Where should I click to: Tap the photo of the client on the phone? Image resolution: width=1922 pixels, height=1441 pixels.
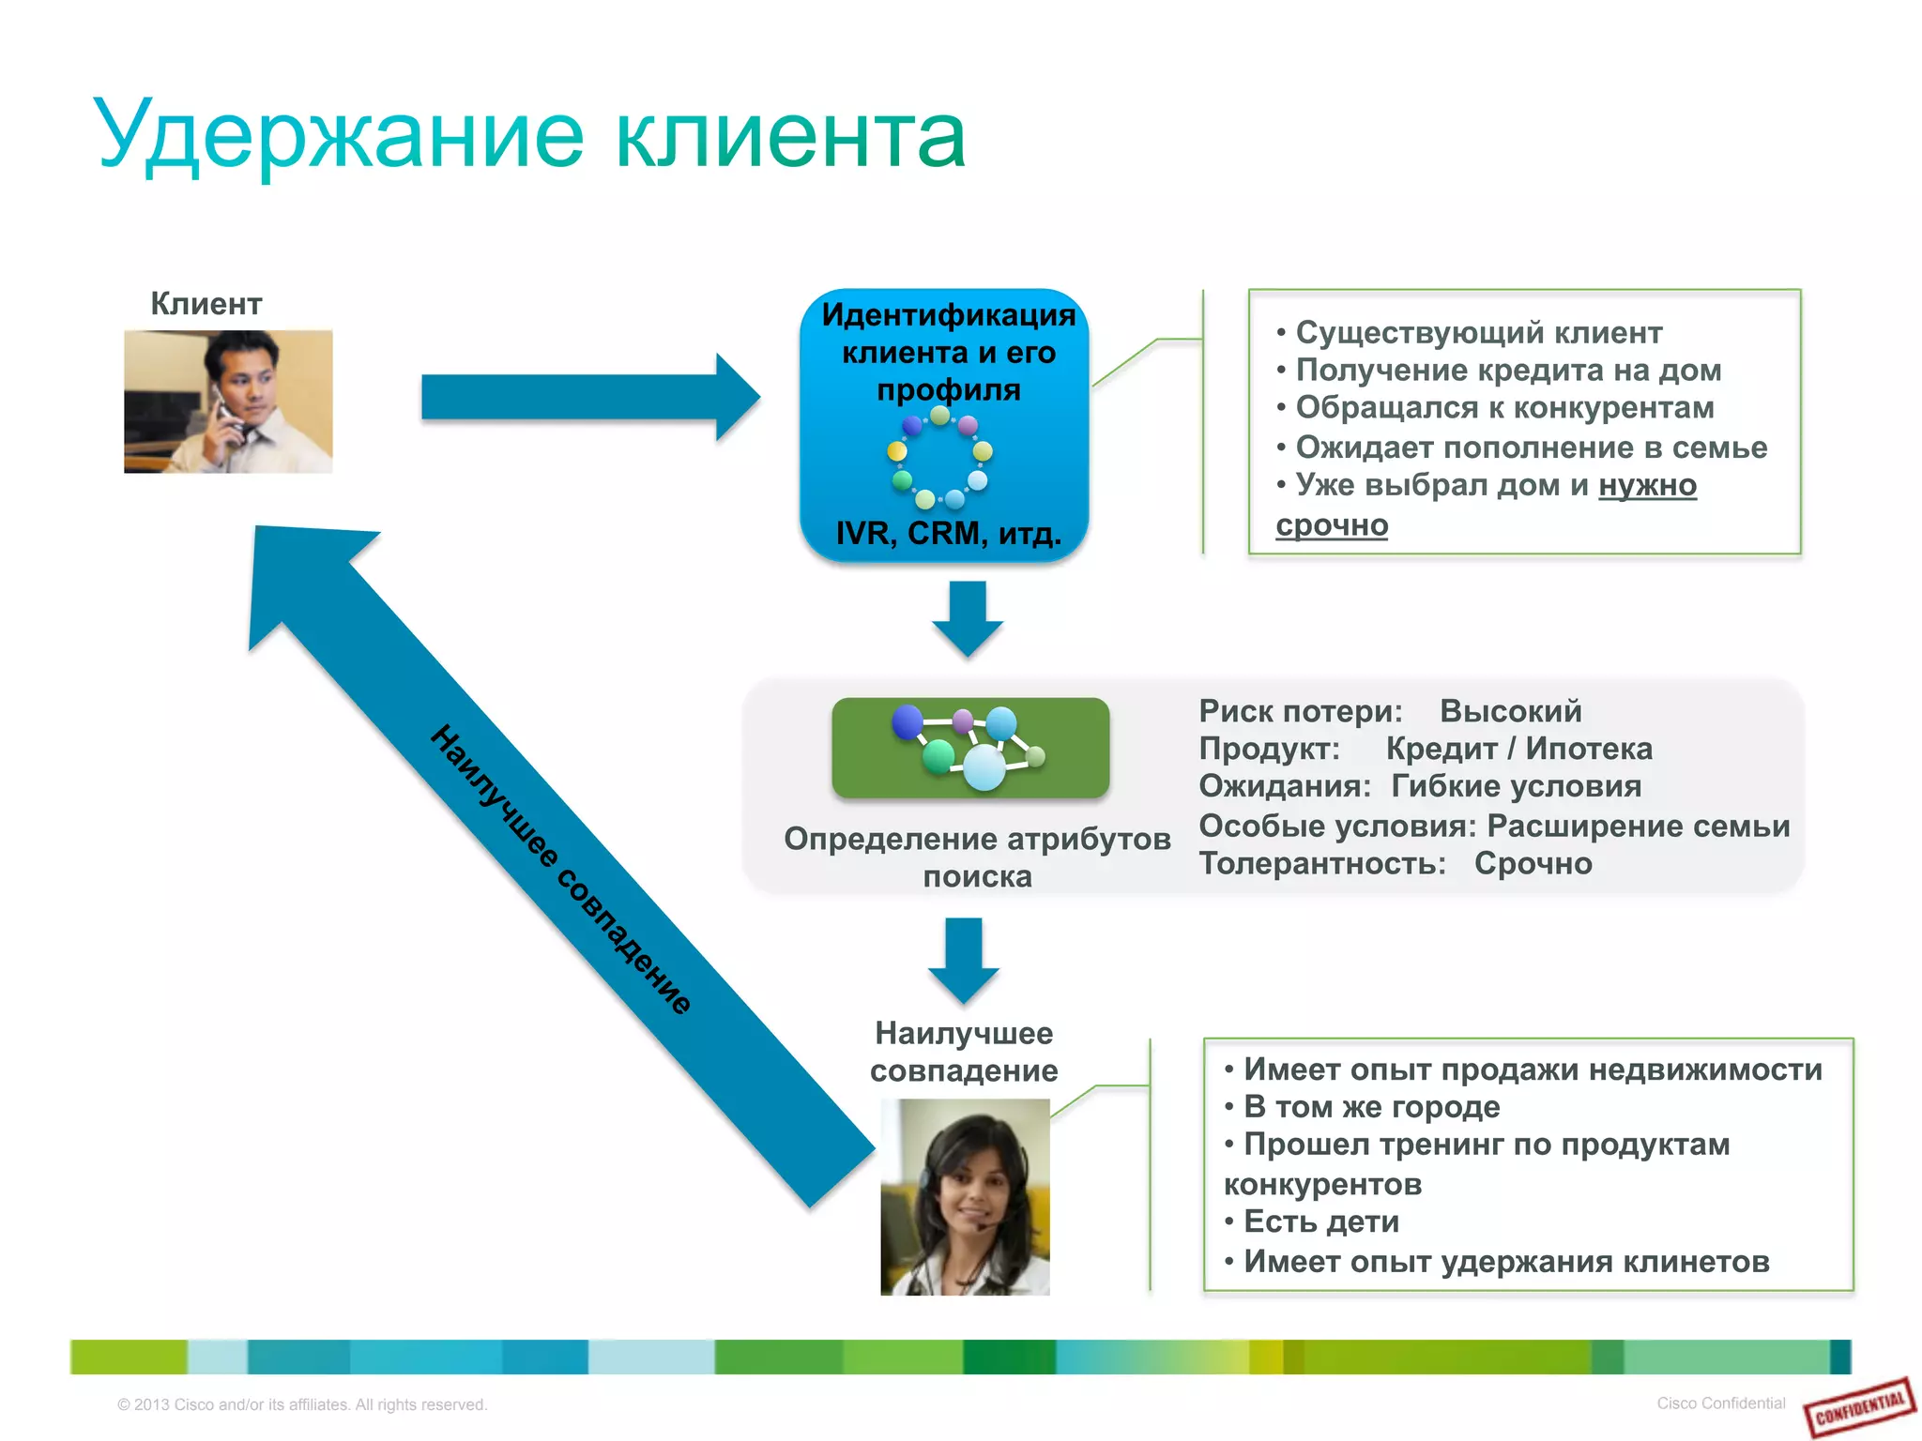[228, 402]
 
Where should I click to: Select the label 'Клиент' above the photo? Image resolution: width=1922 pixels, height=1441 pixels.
[206, 304]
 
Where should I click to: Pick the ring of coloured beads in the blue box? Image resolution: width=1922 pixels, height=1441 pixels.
[939, 458]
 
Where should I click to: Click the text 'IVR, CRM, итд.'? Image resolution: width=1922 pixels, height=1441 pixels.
[948, 533]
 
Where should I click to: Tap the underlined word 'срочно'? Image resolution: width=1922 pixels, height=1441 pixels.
[1331, 524]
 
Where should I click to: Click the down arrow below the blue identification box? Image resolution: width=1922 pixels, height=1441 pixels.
[967, 618]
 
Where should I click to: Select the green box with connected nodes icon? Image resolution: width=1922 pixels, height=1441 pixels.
[970, 748]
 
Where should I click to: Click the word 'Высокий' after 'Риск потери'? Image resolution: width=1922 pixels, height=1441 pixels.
[1510, 711]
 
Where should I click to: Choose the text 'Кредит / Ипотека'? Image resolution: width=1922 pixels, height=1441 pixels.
[1518, 749]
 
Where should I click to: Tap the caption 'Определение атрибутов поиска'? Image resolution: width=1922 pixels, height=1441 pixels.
[977, 857]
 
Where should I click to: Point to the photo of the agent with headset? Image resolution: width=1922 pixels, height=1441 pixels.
[965, 1197]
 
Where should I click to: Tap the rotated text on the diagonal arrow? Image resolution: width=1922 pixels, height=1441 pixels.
[561, 870]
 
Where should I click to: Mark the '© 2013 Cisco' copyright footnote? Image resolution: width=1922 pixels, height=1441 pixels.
[301, 1404]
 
